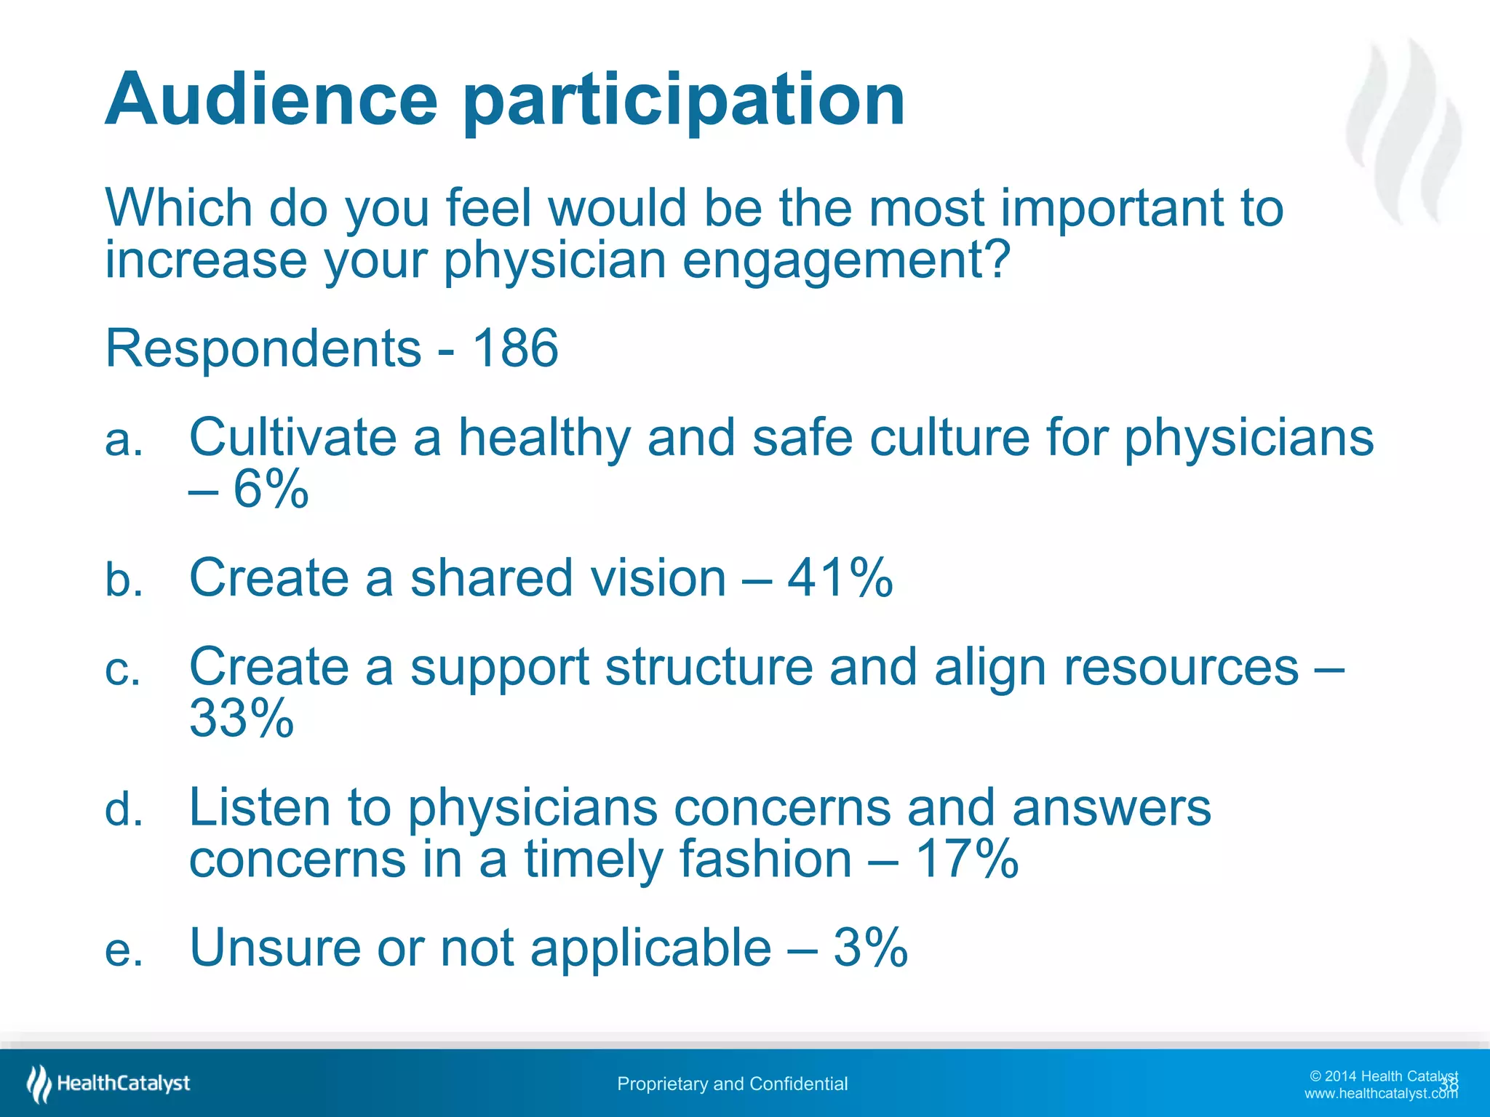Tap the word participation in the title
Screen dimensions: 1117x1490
click(684, 102)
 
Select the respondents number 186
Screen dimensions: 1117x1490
click(515, 348)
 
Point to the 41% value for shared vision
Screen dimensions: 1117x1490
click(840, 578)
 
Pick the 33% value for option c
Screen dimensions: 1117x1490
click(242, 718)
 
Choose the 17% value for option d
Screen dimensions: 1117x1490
click(965, 859)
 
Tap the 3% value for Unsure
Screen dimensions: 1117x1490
click(870, 948)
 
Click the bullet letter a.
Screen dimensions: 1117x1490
click(124, 441)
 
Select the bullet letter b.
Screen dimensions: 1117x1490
click(124, 580)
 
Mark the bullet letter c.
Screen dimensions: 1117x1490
click(122, 670)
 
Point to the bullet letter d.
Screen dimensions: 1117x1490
click(124, 809)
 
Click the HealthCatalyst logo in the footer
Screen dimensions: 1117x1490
click(108, 1084)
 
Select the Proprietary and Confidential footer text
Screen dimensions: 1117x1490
click(732, 1084)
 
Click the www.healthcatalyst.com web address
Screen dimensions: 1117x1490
click(1380, 1094)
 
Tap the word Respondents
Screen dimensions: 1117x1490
click(263, 348)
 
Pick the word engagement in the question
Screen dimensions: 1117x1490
click(846, 260)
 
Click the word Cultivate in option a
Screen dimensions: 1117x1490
click(292, 438)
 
